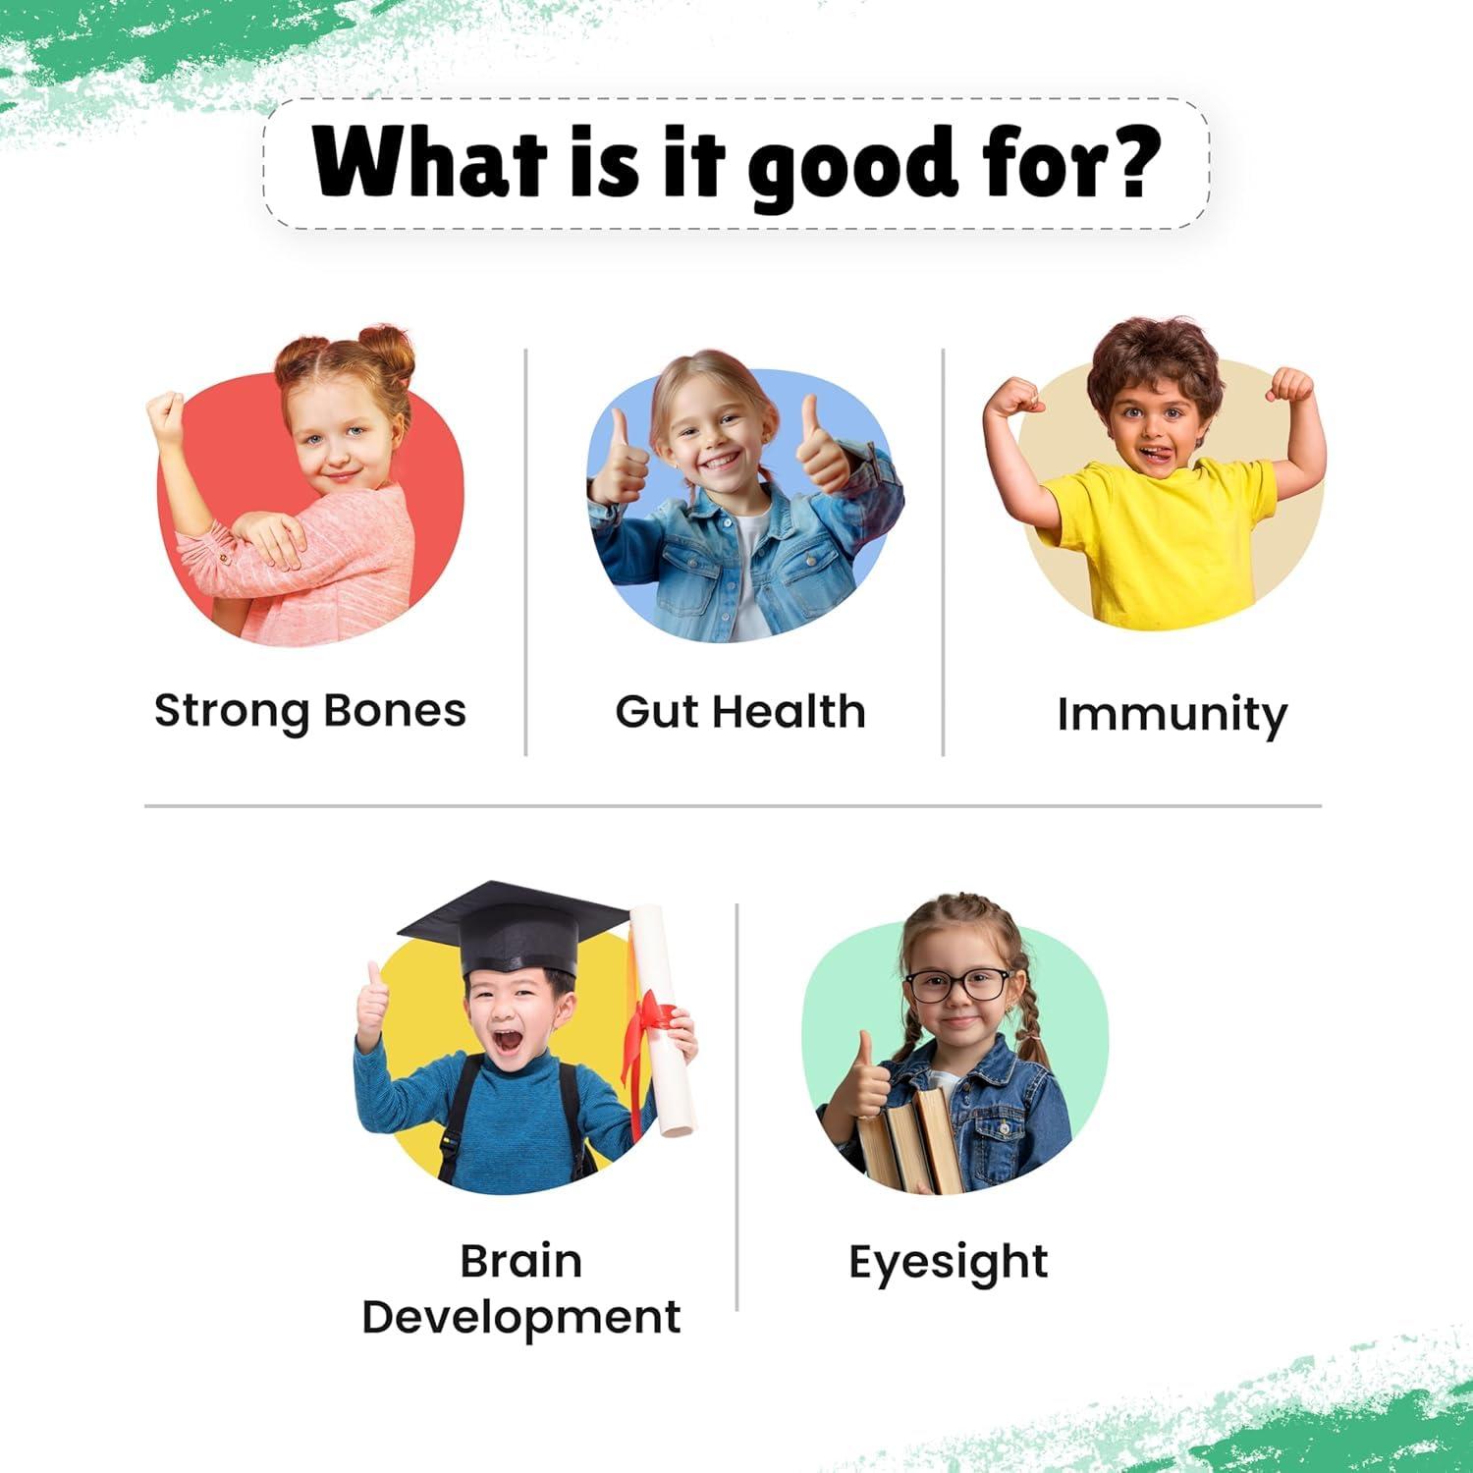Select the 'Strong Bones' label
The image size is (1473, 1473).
(x=310, y=711)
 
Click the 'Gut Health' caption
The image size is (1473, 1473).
(x=740, y=711)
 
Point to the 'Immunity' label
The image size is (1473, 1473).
(x=1172, y=715)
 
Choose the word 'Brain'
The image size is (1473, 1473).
(x=521, y=1261)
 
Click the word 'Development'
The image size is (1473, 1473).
(x=521, y=1318)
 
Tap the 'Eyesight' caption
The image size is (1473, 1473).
(x=949, y=1263)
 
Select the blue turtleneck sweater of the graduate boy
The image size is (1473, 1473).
(x=501, y=1119)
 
